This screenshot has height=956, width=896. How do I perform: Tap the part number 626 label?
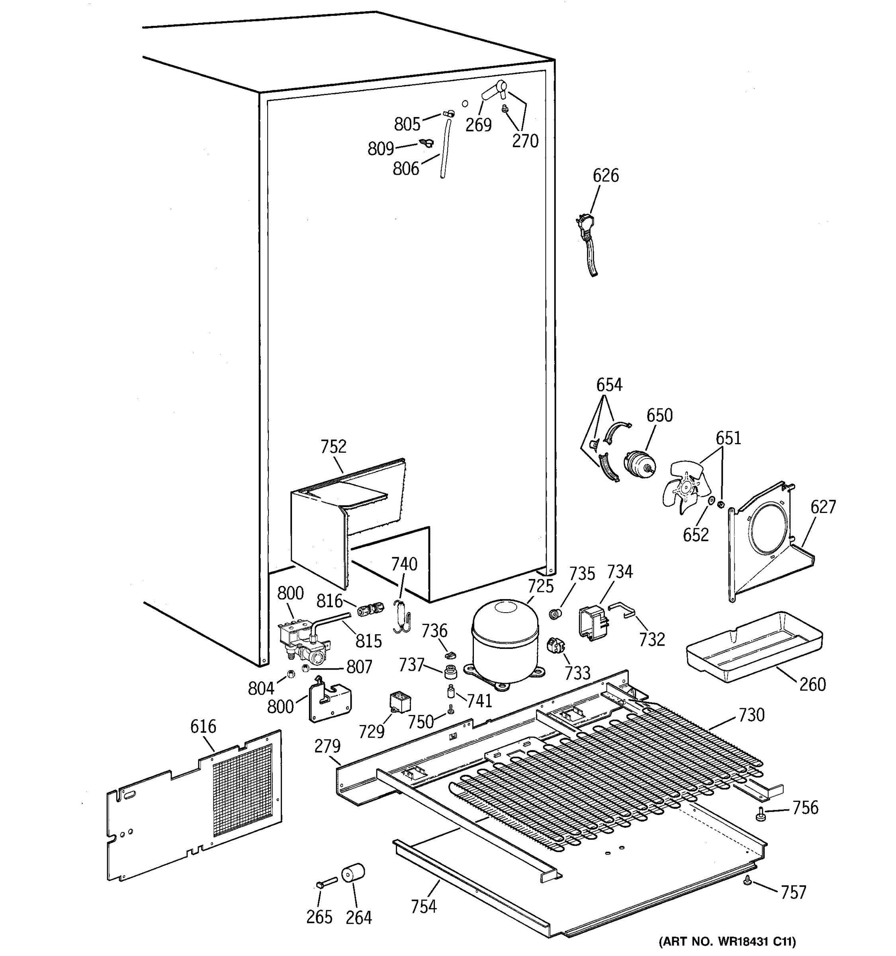tap(605, 176)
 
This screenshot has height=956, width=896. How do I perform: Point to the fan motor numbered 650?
tap(639, 464)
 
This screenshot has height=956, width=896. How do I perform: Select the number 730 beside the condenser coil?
tap(751, 715)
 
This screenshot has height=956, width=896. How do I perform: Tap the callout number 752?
tap(333, 447)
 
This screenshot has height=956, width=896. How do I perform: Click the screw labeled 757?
tap(747, 893)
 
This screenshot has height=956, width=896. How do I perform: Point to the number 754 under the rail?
tap(423, 907)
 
